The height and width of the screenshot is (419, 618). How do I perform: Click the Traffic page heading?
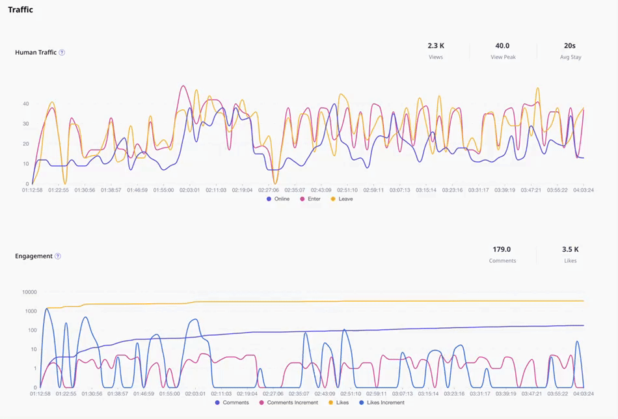[20, 10]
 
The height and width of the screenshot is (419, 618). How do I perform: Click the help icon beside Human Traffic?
[62, 53]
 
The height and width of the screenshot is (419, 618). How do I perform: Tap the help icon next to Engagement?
[58, 256]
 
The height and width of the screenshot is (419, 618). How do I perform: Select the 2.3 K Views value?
[436, 46]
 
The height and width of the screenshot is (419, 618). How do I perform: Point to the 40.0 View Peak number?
[502, 46]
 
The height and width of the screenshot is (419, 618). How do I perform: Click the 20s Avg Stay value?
[570, 46]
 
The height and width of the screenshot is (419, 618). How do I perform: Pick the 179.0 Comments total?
[502, 249]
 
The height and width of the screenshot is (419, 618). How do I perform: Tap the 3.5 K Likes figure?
[570, 249]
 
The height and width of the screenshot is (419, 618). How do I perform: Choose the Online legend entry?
[278, 199]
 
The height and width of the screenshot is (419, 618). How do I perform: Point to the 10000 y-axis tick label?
[29, 292]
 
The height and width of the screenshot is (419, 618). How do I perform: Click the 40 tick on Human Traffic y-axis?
[25, 103]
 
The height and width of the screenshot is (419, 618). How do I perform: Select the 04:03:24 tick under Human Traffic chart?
[583, 190]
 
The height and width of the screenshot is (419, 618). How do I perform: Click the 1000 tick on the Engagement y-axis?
[31, 311]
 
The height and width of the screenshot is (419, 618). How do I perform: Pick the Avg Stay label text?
[570, 57]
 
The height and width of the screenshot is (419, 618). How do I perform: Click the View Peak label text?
[502, 57]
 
